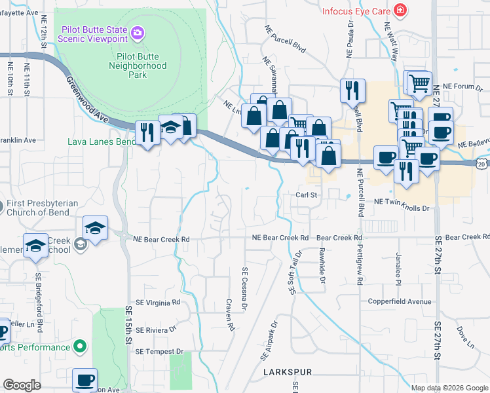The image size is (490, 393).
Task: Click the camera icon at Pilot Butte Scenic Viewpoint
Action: (x=138, y=32)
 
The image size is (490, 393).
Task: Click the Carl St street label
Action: (x=306, y=195)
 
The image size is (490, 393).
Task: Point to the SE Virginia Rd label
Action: (x=157, y=303)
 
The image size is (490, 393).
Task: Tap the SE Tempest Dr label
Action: (x=160, y=352)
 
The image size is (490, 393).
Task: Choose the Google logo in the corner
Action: (x=22, y=385)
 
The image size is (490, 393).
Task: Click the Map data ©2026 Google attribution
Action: (x=449, y=388)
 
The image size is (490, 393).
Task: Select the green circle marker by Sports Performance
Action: (x=80, y=345)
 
